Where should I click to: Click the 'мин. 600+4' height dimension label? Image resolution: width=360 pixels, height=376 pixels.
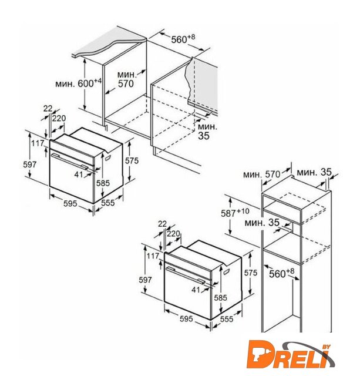tap(79, 83)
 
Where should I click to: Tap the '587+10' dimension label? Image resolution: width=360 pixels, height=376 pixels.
tap(235, 213)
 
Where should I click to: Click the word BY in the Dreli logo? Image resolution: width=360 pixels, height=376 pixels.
tap(327, 347)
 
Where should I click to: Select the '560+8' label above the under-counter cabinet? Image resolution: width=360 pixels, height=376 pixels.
tap(183, 39)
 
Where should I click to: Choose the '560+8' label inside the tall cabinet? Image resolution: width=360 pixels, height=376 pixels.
tap(281, 273)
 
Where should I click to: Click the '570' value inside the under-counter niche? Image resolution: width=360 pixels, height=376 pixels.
tap(126, 83)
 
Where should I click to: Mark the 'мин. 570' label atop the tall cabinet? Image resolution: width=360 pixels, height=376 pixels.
tap(261, 174)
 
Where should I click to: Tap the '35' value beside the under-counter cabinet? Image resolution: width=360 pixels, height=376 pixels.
tap(203, 136)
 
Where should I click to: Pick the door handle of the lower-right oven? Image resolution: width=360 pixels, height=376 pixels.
tap(184, 275)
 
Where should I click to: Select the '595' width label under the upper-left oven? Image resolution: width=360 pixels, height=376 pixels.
tap(70, 203)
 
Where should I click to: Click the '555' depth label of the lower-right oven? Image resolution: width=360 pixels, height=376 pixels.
tap(227, 318)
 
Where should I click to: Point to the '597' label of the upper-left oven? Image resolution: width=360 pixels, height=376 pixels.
tap(30, 164)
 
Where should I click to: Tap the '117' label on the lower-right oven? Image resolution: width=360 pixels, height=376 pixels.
tap(153, 256)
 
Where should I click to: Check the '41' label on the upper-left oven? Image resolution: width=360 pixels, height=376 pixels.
tap(78, 174)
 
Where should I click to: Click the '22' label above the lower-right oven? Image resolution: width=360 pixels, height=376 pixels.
tap(162, 224)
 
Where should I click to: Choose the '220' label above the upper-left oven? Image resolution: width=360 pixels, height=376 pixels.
tap(59, 118)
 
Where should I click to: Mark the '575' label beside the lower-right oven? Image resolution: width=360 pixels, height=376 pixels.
tap(250, 273)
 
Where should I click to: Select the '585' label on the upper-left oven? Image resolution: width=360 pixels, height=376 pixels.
tap(103, 183)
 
